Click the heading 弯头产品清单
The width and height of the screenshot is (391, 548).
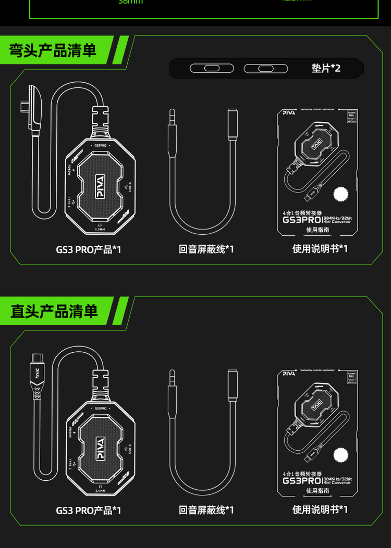pos(53,50)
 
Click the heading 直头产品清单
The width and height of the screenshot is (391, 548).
pos(54,311)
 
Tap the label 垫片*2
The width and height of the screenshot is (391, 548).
pos(326,68)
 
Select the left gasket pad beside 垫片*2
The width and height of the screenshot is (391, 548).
pos(212,68)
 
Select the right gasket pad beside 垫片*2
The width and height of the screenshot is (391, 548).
pos(266,68)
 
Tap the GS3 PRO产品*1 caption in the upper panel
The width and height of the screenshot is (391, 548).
pos(89,249)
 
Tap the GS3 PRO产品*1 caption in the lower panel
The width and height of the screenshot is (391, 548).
pos(89,511)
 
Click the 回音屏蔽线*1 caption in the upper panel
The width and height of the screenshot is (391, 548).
pos(206,249)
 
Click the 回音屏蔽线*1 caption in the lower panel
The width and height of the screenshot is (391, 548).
pos(206,511)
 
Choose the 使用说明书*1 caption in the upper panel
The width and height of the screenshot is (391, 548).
pos(320,249)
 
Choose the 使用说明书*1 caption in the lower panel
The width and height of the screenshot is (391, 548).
pos(320,509)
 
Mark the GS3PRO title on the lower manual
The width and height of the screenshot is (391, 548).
pos(302,480)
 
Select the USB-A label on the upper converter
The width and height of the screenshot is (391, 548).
pos(130,187)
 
